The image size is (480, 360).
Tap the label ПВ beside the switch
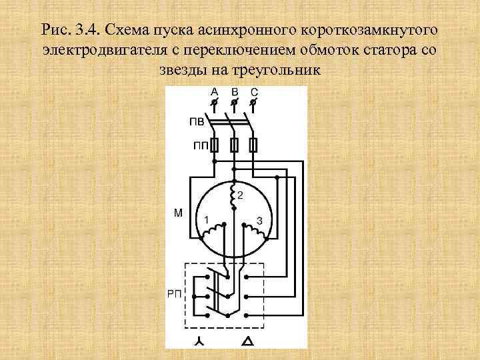tap(197, 122)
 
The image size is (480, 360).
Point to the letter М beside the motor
tap(178, 214)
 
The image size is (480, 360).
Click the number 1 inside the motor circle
tap(207, 219)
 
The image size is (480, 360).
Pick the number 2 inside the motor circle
tap(240, 195)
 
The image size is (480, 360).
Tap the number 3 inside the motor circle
tap(259, 220)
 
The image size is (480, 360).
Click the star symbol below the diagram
tap(199, 341)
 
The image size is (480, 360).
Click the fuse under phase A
tap(214, 144)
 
